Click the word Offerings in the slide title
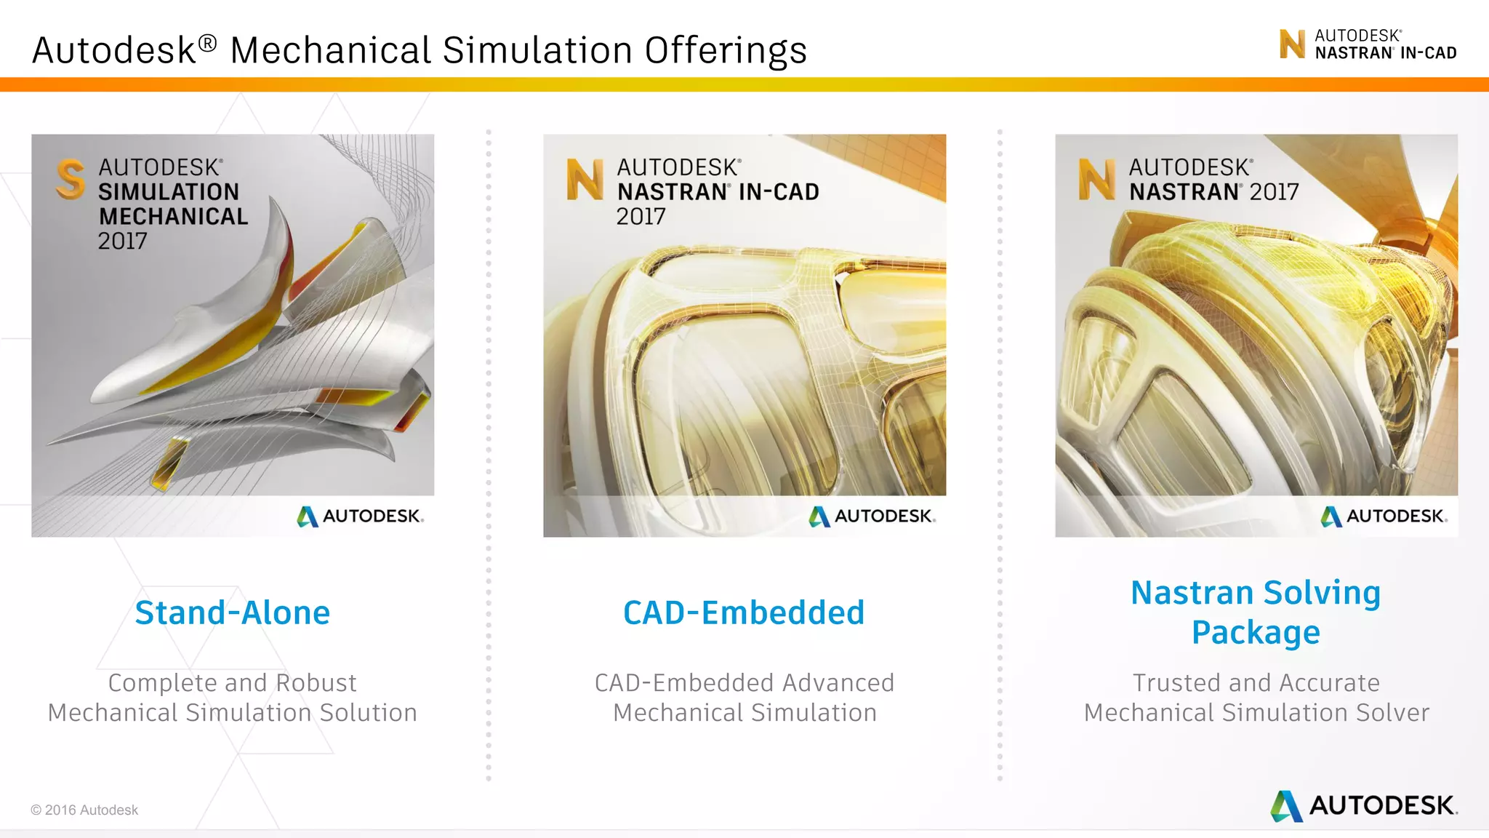(x=726, y=51)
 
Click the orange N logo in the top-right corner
(x=1292, y=44)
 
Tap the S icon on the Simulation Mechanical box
(x=71, y=179)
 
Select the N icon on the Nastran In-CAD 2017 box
(x=585, y=180)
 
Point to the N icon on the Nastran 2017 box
(x=1096, y=180)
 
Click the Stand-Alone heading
(x=233, y=612)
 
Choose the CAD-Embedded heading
(x=744, y=612)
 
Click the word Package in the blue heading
(x=1256, y=632)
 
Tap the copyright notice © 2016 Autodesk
(x=84, y=810)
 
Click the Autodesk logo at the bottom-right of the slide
(x=1364, y=806)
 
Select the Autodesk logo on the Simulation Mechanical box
(x=360, y=516)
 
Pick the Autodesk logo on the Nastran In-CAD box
(x=872, y=516)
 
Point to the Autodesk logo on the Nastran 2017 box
(x=1384, y=516)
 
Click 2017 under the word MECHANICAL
(x=123, y=241)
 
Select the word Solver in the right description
(x=1391, y=713)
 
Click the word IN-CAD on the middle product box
(x=779, y=192)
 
